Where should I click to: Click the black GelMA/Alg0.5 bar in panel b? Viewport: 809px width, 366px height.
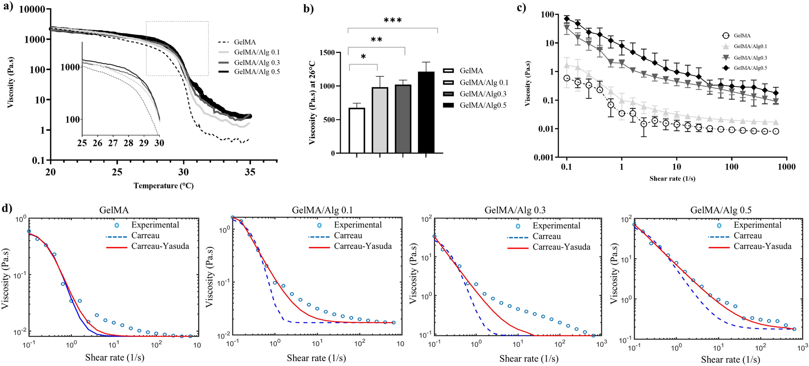pyautogui.click(x=426, y=112)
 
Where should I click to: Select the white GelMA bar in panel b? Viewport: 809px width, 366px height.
pyautogui.click(x=357, y=130)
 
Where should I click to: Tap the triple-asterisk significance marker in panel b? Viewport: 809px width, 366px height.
pyautogui.click(x=393, y=20)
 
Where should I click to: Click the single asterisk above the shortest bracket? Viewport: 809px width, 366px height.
pyautogui.click(x=363, y=57)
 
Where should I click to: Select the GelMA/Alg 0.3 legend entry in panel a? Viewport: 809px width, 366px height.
pyautogui.click(x=256, y=62)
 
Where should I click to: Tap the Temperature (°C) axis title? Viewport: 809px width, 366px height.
pyautogui.click(x=164, y=186)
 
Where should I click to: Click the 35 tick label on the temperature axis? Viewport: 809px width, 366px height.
pyautogui.click(x=250, y=172)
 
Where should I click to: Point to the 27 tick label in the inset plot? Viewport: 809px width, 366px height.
pyautogui.click(x=113, y=143)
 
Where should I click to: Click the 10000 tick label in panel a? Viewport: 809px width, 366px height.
pyautogui.click(x=32, y=9)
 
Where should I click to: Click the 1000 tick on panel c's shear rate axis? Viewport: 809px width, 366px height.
pyautogui.click(x=786, y=167)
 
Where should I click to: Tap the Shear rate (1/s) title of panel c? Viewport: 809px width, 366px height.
pyautogui.click(x=672, y=179)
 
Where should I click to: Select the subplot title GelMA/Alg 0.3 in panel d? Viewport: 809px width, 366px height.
pyautogui.click(x=515, y=210)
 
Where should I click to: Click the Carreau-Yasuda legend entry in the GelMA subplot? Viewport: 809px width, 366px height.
pyautogui.click(x=160, y=246)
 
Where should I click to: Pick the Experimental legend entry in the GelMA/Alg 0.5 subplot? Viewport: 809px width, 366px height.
pyautogui.click(x=757, y=225)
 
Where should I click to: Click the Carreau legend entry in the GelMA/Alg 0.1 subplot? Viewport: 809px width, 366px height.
pyautogui.click(x=348, y=236)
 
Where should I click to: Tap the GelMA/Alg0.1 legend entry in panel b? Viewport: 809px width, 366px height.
pyautogui.click(x=484, y=83)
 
